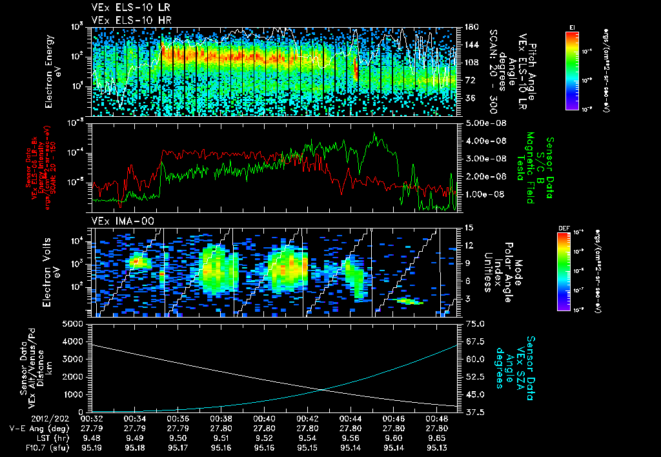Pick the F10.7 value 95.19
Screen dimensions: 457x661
(x=91, y=445)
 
